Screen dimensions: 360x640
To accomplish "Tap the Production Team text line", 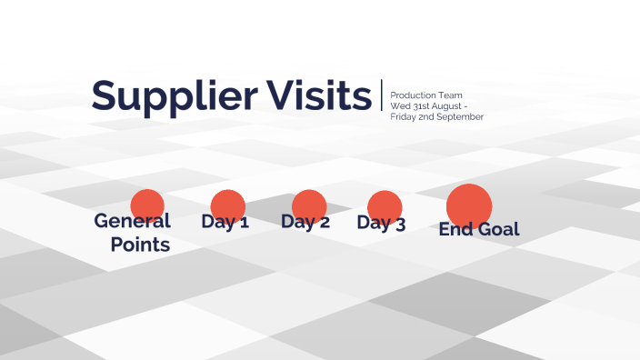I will click(426, 95).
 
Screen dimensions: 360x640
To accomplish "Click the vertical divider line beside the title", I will click(382, 95).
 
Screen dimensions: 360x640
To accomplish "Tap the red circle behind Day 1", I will click(227, 205).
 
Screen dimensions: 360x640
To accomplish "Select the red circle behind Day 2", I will click(309, 205).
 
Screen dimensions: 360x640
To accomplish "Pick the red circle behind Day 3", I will click(385, 205).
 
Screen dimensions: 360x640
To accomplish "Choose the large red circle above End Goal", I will click(469, 204).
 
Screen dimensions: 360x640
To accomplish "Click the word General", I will click(133, 221).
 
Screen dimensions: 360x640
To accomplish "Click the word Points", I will click(140, 245).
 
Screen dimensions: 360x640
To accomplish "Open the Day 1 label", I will click(225, 222).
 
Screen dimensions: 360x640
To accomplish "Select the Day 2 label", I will click(305, 223).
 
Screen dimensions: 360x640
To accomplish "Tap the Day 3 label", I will click(381, 224).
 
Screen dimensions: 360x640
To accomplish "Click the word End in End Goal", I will click(455, 229).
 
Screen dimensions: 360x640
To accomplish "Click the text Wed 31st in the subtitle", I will click(406, 106).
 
